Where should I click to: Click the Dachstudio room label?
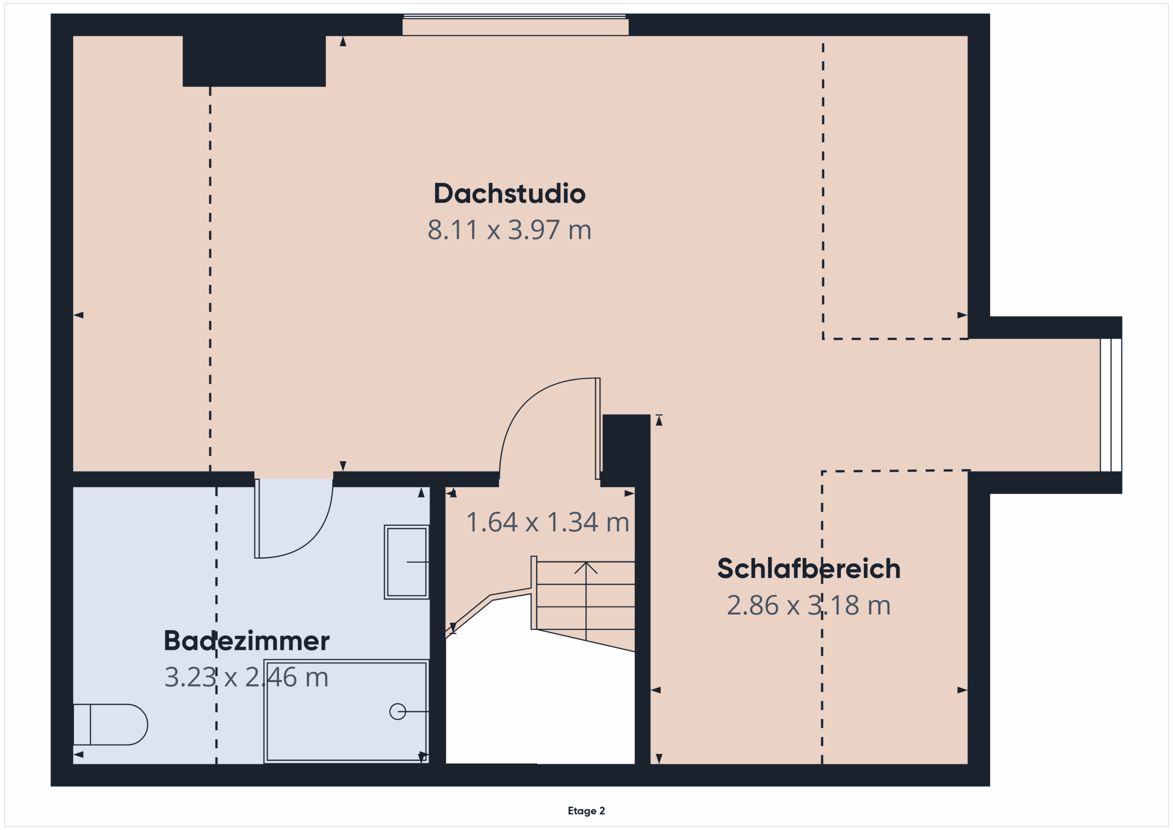click(510, 194)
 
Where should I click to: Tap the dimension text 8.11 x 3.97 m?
click(510, 230)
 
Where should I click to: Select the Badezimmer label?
click(246, 641)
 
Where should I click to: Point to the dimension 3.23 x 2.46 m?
click(246, 677)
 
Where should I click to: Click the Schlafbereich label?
click(809, 569)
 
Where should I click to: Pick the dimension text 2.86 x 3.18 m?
click(809, 605)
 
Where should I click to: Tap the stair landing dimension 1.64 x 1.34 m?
click(548, 522)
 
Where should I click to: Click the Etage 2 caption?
click(586, 811)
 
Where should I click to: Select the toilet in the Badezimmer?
click(110, 725)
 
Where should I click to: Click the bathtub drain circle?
click(397, 711)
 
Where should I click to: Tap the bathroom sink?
click(407, 562)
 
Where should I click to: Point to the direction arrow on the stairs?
click(586, 600)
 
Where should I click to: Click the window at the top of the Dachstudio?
click(515, 26)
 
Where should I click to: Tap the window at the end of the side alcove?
click(1111, 405)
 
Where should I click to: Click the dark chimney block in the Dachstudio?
click(254, 61)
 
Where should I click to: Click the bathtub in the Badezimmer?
click(346, 711)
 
